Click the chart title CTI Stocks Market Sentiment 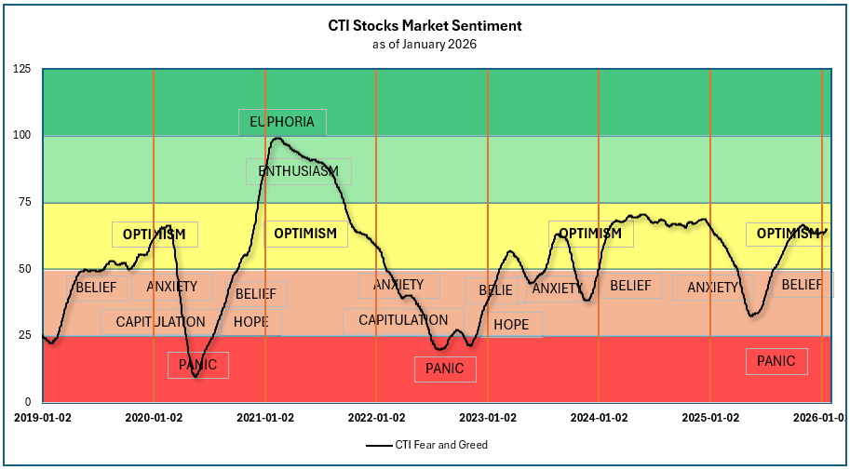(x=425, y=25)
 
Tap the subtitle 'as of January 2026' (x=425, y=44)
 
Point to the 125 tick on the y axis (x=22, y=70)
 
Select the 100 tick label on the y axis (x=22, y=136)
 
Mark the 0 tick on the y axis (x=28, y=401)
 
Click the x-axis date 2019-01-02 (x=43, y=418)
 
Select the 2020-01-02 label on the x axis (x=154, y=418)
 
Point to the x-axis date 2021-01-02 (x=265, y=418)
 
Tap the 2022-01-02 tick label (x=376, y=418)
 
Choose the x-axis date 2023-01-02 (x=488, y=418)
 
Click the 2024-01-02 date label (x=599, y=418)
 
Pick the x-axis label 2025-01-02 (x=710, y=418)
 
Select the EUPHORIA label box (x=282, y=122)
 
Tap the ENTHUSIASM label (x=298, y=171)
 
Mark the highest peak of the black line (x=277, y=139)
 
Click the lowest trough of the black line (x=195, y=376)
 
